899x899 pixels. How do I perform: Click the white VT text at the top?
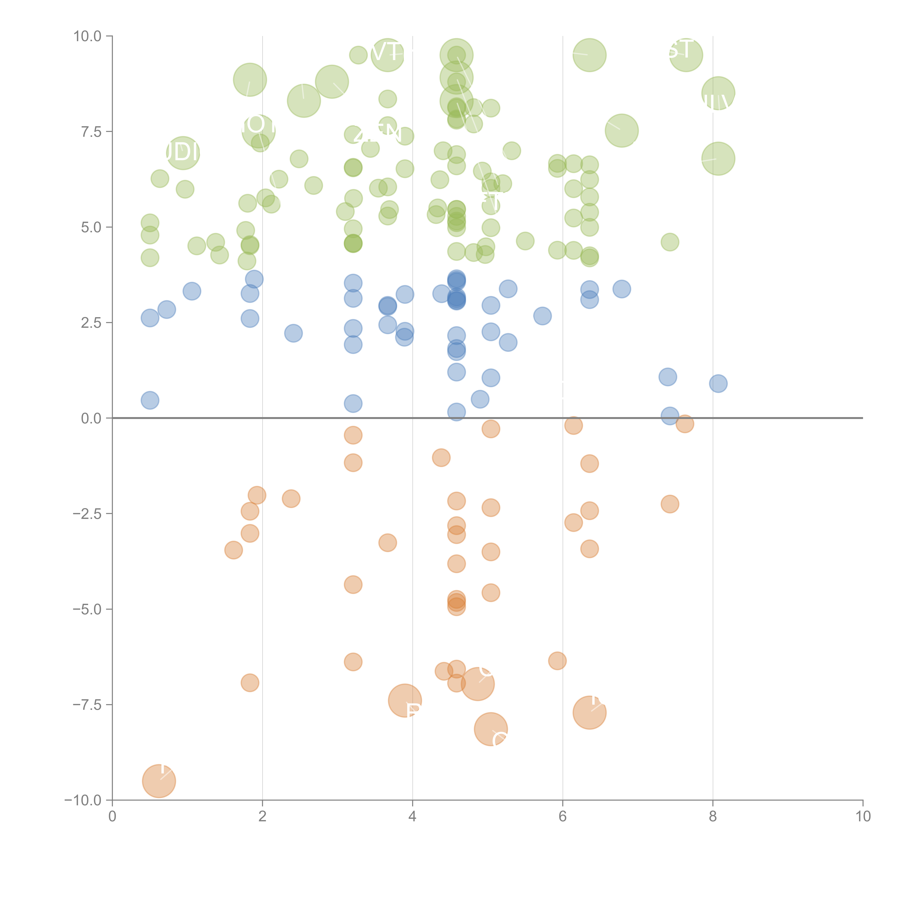385,52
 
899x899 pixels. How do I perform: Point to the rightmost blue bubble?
718,384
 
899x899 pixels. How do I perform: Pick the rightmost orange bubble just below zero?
684,423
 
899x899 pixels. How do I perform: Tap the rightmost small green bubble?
670,242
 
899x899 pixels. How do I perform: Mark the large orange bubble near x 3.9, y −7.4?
405,701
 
